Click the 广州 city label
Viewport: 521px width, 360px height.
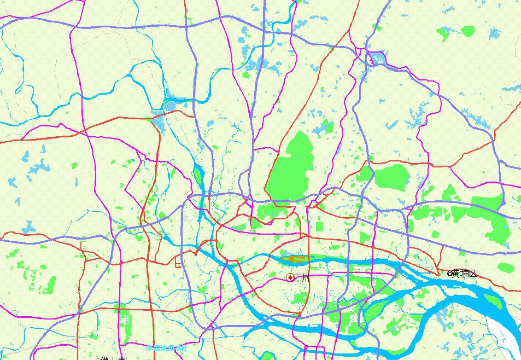click(x=301, y=278)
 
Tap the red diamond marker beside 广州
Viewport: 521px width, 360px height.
click(x=290, y=278)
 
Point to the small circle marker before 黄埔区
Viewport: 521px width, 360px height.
click(x=449, y=274)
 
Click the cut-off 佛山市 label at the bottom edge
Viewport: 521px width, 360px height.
click(x=113, y=358)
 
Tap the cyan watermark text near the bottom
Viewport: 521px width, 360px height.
click(x=167, y=347)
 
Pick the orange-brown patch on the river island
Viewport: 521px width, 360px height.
click(x=298, y=258)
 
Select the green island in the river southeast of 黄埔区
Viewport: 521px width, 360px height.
click(x=492, y=300)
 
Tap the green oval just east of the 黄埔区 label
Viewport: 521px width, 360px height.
click(x=506, y=268)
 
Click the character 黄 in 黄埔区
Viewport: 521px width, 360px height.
click(x=455, y=274)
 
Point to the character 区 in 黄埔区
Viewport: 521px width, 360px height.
click(x=473, y=274)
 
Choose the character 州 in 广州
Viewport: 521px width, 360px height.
click(x=305, y=278)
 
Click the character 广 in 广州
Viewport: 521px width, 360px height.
click(x=297, y=278)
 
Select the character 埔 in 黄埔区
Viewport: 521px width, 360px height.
click(x=464, y=274)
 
